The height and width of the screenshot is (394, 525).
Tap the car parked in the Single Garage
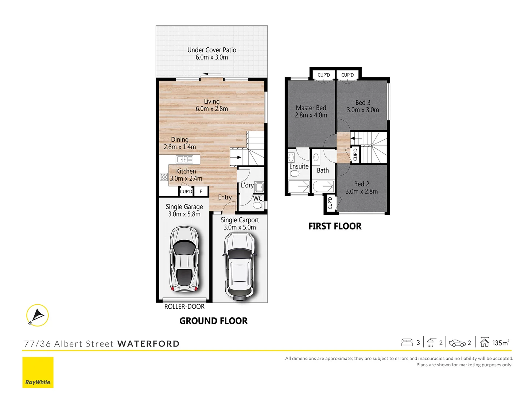(x=184, y=259)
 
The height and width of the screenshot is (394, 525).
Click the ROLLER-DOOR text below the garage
(x=184, y=307)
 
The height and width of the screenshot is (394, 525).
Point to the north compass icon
(x=38, y=315)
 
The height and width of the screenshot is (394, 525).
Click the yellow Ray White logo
(x=38, y=372)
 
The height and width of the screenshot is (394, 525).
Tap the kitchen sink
(x=184, y=159)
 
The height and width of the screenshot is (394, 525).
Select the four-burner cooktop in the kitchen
(x=164, y=177)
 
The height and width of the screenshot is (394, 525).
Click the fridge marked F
(x=201, y=191)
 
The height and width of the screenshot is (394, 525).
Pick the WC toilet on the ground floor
(x=258, y=206)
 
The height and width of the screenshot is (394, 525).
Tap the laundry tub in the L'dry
(x=259, y=187)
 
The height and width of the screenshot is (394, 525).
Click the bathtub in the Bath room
(x=322, y=186)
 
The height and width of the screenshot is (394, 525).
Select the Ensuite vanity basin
(x=291, y=158)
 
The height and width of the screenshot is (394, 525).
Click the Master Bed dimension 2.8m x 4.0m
(x=311, y=115)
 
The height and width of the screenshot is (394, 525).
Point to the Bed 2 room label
(x=361, y=184)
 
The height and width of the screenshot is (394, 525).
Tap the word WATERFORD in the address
(x=148, y=344)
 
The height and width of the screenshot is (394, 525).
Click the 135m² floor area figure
(x=500, y=343)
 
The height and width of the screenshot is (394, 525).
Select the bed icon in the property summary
(x=407, y=343)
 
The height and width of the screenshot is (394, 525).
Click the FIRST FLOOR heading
(x=335, y=226)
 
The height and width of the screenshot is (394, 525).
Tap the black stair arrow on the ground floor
(x=239, y=158)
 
